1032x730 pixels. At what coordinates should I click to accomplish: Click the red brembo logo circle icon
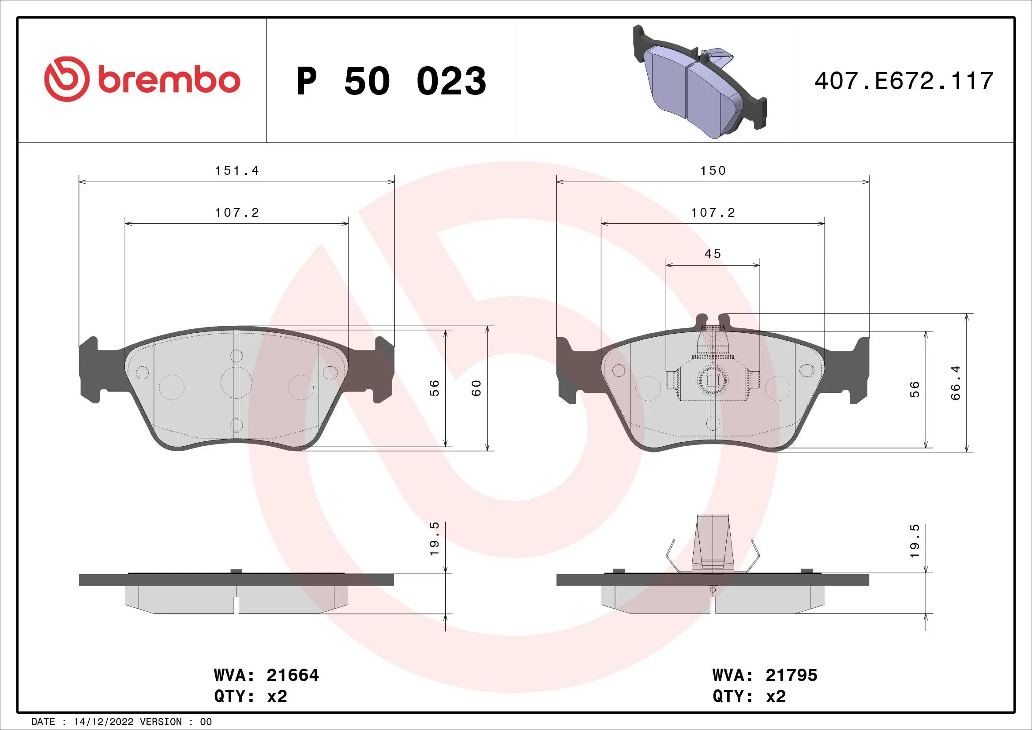pyautogui.click(x=65, y=79)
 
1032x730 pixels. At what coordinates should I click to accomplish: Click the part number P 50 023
pyautogui.click(x=391, y=81)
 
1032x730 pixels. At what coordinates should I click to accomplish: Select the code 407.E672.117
pyautogui.click(x=904, y=81)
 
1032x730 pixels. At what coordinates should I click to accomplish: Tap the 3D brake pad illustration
pyautogui.click(x=699, y=83)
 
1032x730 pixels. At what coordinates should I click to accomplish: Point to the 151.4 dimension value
pyautogui.click(x=237, y=171)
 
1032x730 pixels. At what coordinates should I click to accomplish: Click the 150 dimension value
pyautogui.click(x=713, y=171)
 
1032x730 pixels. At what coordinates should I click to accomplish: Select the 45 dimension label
pyautogui.click(x=713, y=254)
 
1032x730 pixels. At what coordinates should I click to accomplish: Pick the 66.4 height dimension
pyautogui.click(x=955, y=383)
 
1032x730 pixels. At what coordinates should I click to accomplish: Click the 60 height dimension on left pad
pyautogui.click(x=476, y=388)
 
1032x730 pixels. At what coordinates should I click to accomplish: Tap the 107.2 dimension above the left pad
pyautogui.click(x=237, y=213)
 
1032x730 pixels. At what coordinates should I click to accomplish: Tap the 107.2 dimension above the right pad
pyautogui.click(x=713, y=213)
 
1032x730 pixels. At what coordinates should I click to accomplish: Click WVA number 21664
pyautogui.click(x=293, y=675)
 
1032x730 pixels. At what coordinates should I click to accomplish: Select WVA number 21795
pyautogui.click(x=791, y=675)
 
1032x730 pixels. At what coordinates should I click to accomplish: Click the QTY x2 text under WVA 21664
pyautogui.click(x=250, y=696)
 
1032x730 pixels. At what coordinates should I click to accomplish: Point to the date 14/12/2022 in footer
pyautogui.click(x=103, y=722)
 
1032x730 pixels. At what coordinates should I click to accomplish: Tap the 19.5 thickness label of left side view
pyautogui.click(x=434, y=539)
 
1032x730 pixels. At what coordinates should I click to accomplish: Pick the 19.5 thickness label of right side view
pyautogui.click(x=915, y=541)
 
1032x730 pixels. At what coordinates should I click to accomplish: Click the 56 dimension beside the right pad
pyautogui.click(x=915, y=389)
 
